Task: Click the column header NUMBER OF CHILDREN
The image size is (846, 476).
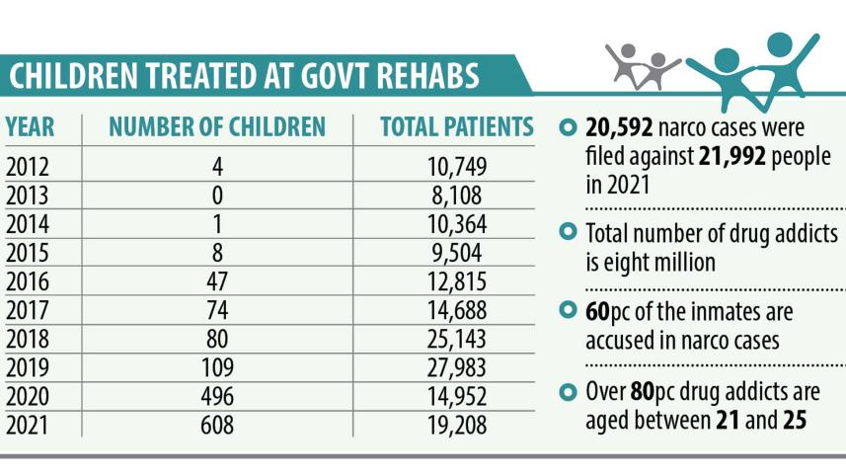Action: coord(216,127)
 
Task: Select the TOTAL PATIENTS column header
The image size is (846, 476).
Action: coord(457,127)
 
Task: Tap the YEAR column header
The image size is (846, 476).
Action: coord(30,127)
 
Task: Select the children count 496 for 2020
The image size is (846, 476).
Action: coord(216,397)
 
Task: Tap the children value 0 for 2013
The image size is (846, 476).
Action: coord(216,195)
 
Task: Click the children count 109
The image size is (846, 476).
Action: coord(216,369)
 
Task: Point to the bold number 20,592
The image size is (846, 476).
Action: coord(618,128)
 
